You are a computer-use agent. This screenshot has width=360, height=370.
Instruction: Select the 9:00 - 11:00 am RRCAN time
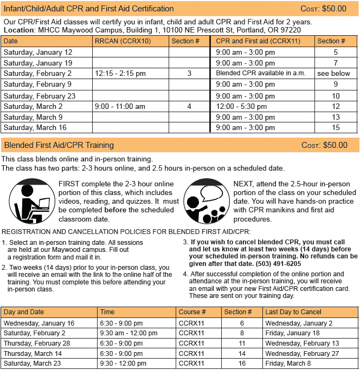[x=120, y=107]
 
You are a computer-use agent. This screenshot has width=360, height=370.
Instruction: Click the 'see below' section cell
[x=333, y=73]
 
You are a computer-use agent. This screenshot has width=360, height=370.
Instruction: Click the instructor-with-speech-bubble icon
[x=204, y=201]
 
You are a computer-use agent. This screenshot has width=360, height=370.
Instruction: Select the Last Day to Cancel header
[x=293, y=312]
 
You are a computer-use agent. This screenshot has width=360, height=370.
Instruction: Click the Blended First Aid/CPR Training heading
[x=59, y=145]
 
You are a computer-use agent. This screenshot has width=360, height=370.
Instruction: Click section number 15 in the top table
[x=336, y=128]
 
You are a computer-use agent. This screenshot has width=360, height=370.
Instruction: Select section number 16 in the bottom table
[x=242, y=363]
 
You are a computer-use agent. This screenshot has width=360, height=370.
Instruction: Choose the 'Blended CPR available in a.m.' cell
[x=261, y=73]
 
